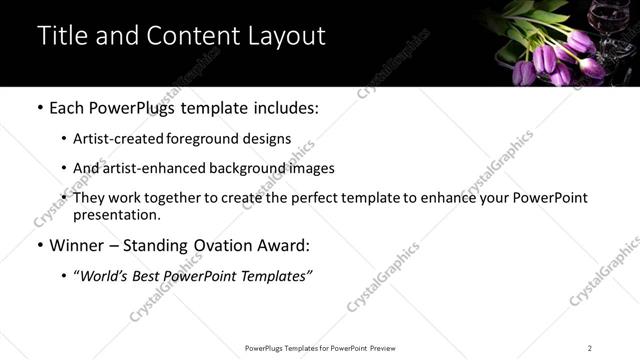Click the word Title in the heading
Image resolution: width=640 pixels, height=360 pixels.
59,36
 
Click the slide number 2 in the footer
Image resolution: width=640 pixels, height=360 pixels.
589,348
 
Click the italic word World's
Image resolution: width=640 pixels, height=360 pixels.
108,275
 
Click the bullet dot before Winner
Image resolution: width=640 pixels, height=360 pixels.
39,245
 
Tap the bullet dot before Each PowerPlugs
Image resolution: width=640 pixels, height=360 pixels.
39,107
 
